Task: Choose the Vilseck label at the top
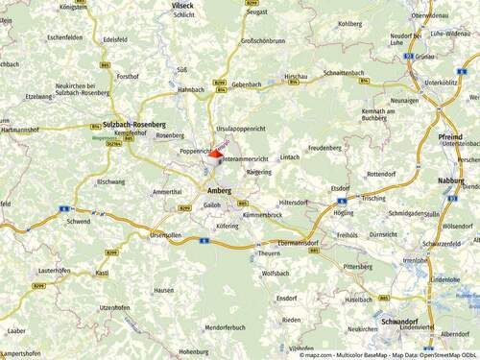(182, 5)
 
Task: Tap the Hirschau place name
(296, 75)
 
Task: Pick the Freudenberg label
(324, 148)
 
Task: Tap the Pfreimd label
(449, 137)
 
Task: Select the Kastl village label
(102, 273)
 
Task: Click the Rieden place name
(291, 320)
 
